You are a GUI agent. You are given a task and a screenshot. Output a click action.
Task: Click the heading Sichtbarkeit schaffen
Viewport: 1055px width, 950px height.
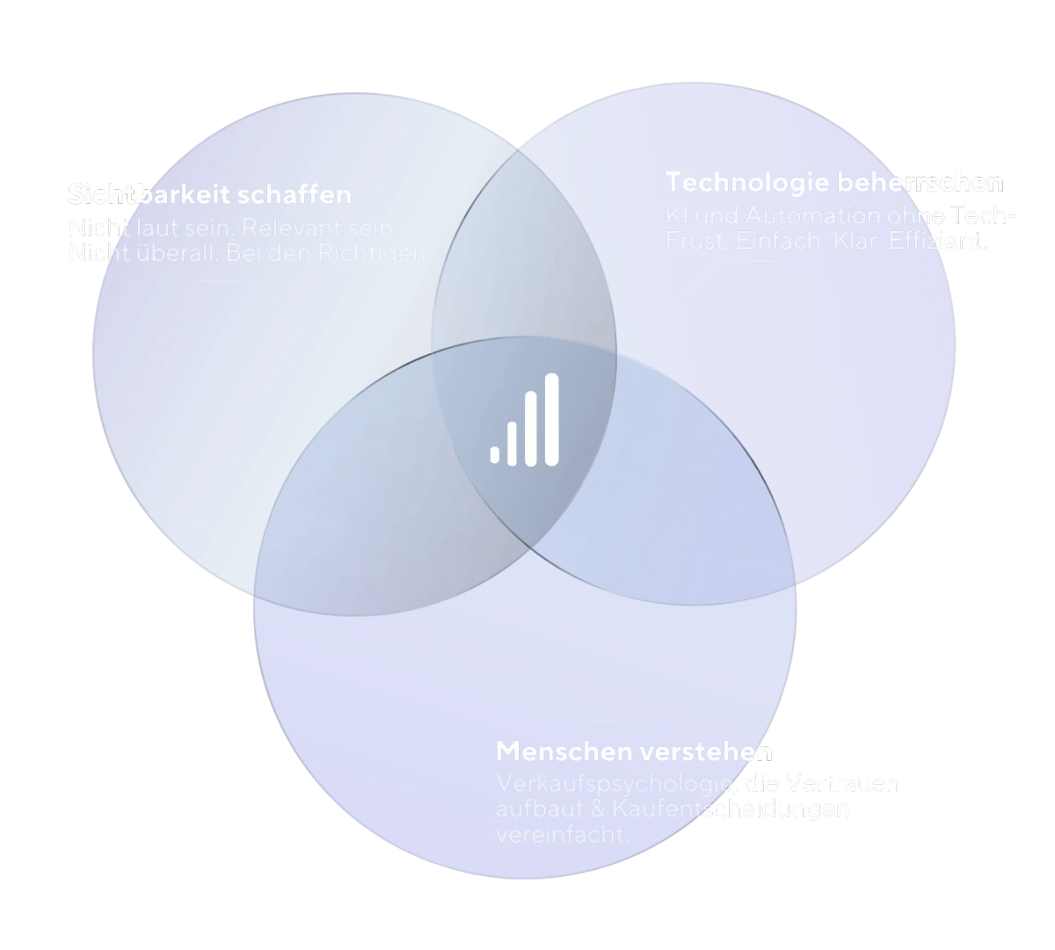(x=210, y=194)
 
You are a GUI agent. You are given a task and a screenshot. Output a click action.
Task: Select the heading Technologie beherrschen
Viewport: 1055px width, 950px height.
(x=834, y=183)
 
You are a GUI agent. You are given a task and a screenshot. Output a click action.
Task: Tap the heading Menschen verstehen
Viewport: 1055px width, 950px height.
(x=634, y=752)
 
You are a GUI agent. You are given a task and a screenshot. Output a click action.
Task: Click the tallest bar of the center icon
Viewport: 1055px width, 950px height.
(x=551, y=419)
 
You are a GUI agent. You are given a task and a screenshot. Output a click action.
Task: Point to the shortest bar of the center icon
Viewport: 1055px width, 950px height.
(x=495, y=454)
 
